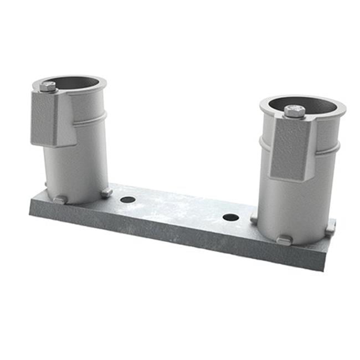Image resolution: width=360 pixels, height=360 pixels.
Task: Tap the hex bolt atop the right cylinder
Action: coord(294,111)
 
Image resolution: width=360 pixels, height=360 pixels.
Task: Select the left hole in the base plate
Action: coord(128,199)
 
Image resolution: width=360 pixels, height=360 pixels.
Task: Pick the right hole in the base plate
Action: coord(230,217)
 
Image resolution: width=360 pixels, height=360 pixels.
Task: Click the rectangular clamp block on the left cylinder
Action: coord(54,119)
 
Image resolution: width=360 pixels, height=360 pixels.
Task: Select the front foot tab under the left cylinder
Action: coord(60,199)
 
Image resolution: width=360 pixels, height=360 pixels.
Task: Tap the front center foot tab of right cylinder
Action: coord(284,240)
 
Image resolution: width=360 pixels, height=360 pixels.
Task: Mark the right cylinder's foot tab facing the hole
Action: coord(254,219)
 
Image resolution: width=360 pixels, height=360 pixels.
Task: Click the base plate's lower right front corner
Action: coord(323,269)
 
